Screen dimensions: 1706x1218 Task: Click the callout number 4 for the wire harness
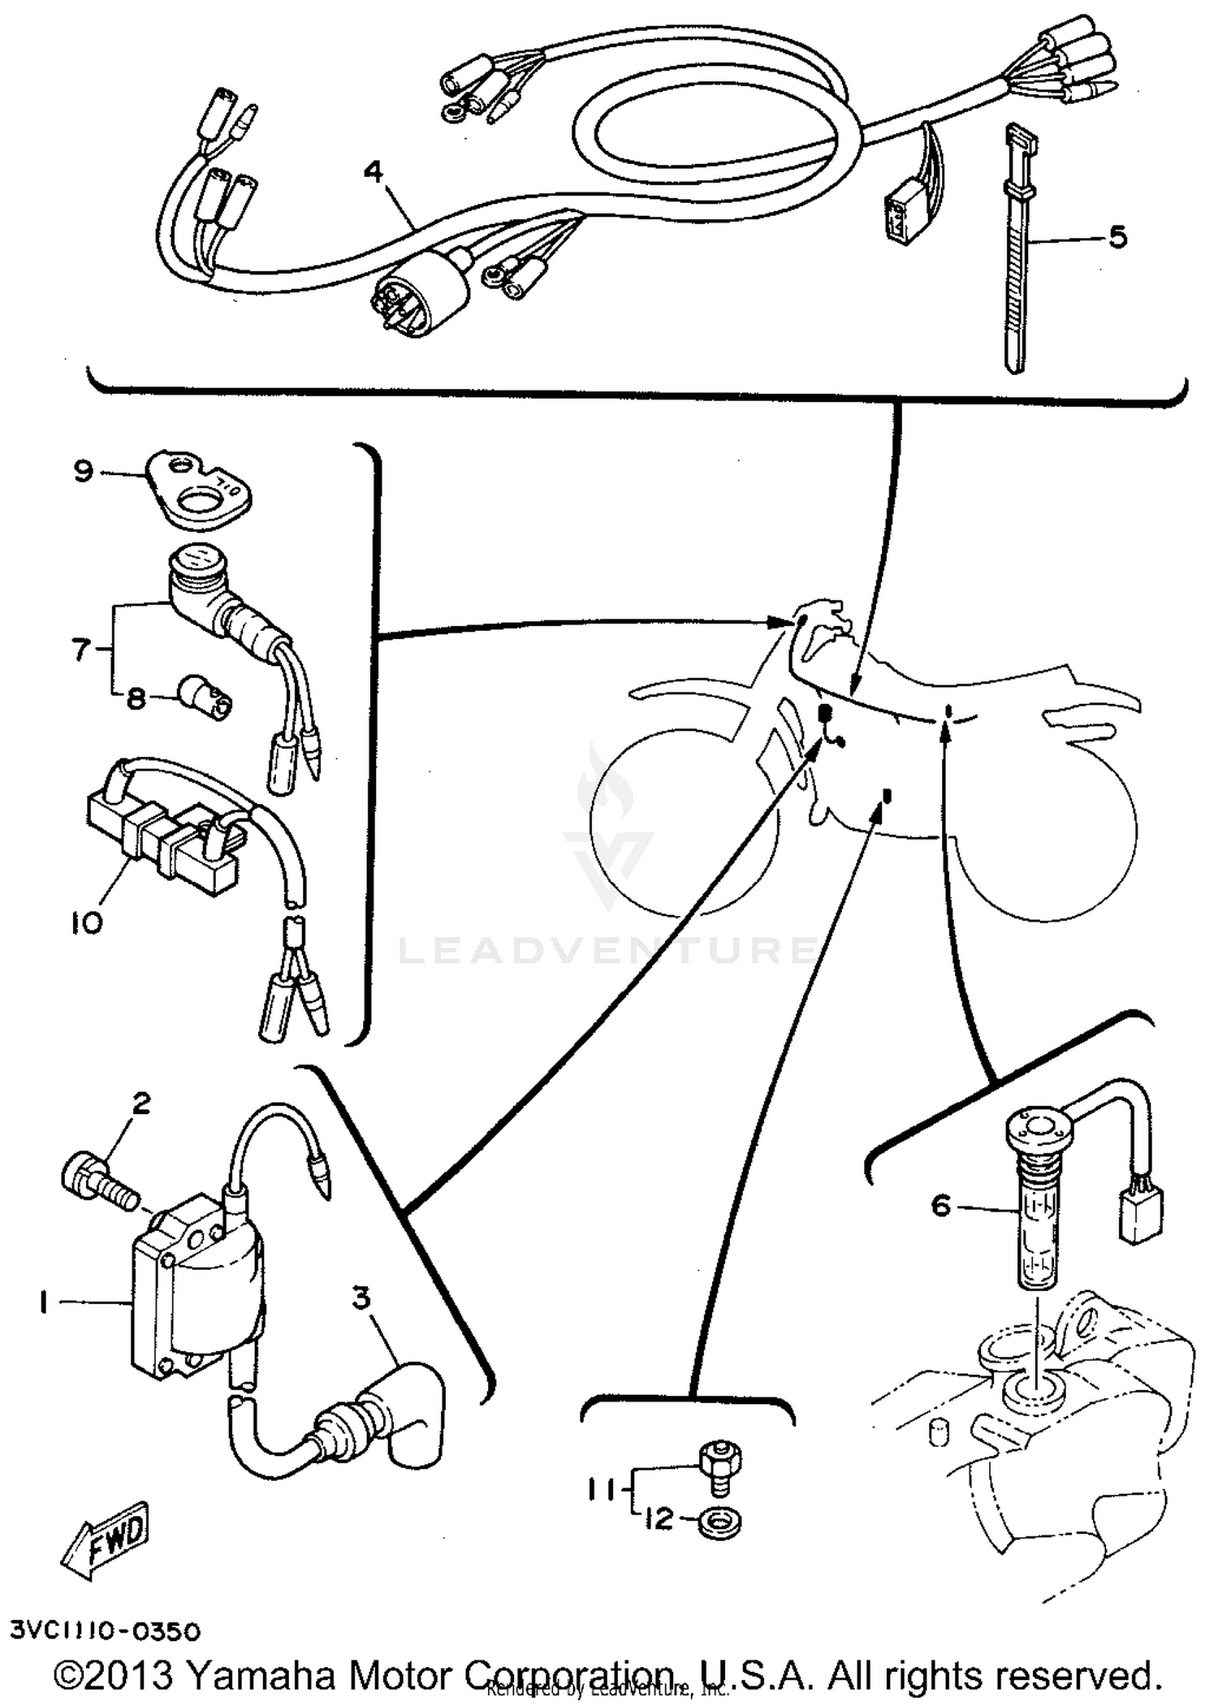(x=373, y=173)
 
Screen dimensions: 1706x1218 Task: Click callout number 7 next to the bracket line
(x=80, y=650)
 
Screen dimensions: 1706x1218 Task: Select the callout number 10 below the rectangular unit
(x=88, y=922)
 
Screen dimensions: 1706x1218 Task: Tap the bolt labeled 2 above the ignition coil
(x=97, y=1188)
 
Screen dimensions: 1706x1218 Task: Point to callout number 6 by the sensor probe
(x=940, y=1206)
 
